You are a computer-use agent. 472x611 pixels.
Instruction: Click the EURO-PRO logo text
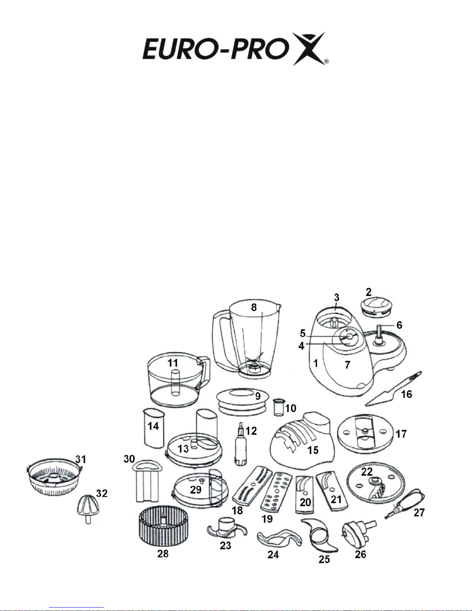pos(216,49)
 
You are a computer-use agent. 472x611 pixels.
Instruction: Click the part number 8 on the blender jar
pos(254,307)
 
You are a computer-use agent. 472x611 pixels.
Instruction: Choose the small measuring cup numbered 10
pos(279,407)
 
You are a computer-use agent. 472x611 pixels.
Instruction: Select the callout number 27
pos(419,513)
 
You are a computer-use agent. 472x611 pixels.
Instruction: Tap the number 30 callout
pos(129,459)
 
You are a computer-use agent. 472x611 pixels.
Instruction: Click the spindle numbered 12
pos(241,444)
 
